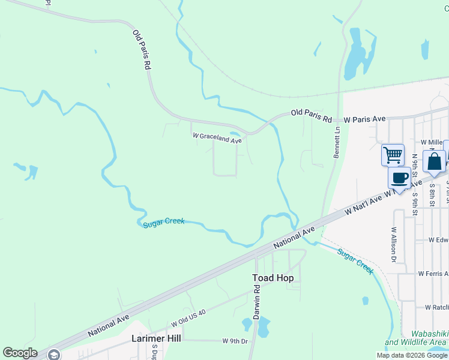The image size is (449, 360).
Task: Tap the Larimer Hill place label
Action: (156, 338)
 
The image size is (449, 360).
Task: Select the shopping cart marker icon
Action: (393, 155)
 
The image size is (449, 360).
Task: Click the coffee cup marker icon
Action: (400, 178)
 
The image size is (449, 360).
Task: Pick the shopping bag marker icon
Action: (434, 161)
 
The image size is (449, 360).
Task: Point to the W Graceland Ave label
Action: (217, 138)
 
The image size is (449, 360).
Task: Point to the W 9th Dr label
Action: (235, 341)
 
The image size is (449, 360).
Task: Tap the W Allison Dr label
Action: (394, 245)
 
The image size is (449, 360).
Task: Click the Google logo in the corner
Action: (20, 353)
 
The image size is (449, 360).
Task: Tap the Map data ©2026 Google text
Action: (412, 355)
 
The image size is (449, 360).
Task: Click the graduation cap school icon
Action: (54, 355)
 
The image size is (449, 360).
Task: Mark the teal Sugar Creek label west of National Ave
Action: (163, 224)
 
